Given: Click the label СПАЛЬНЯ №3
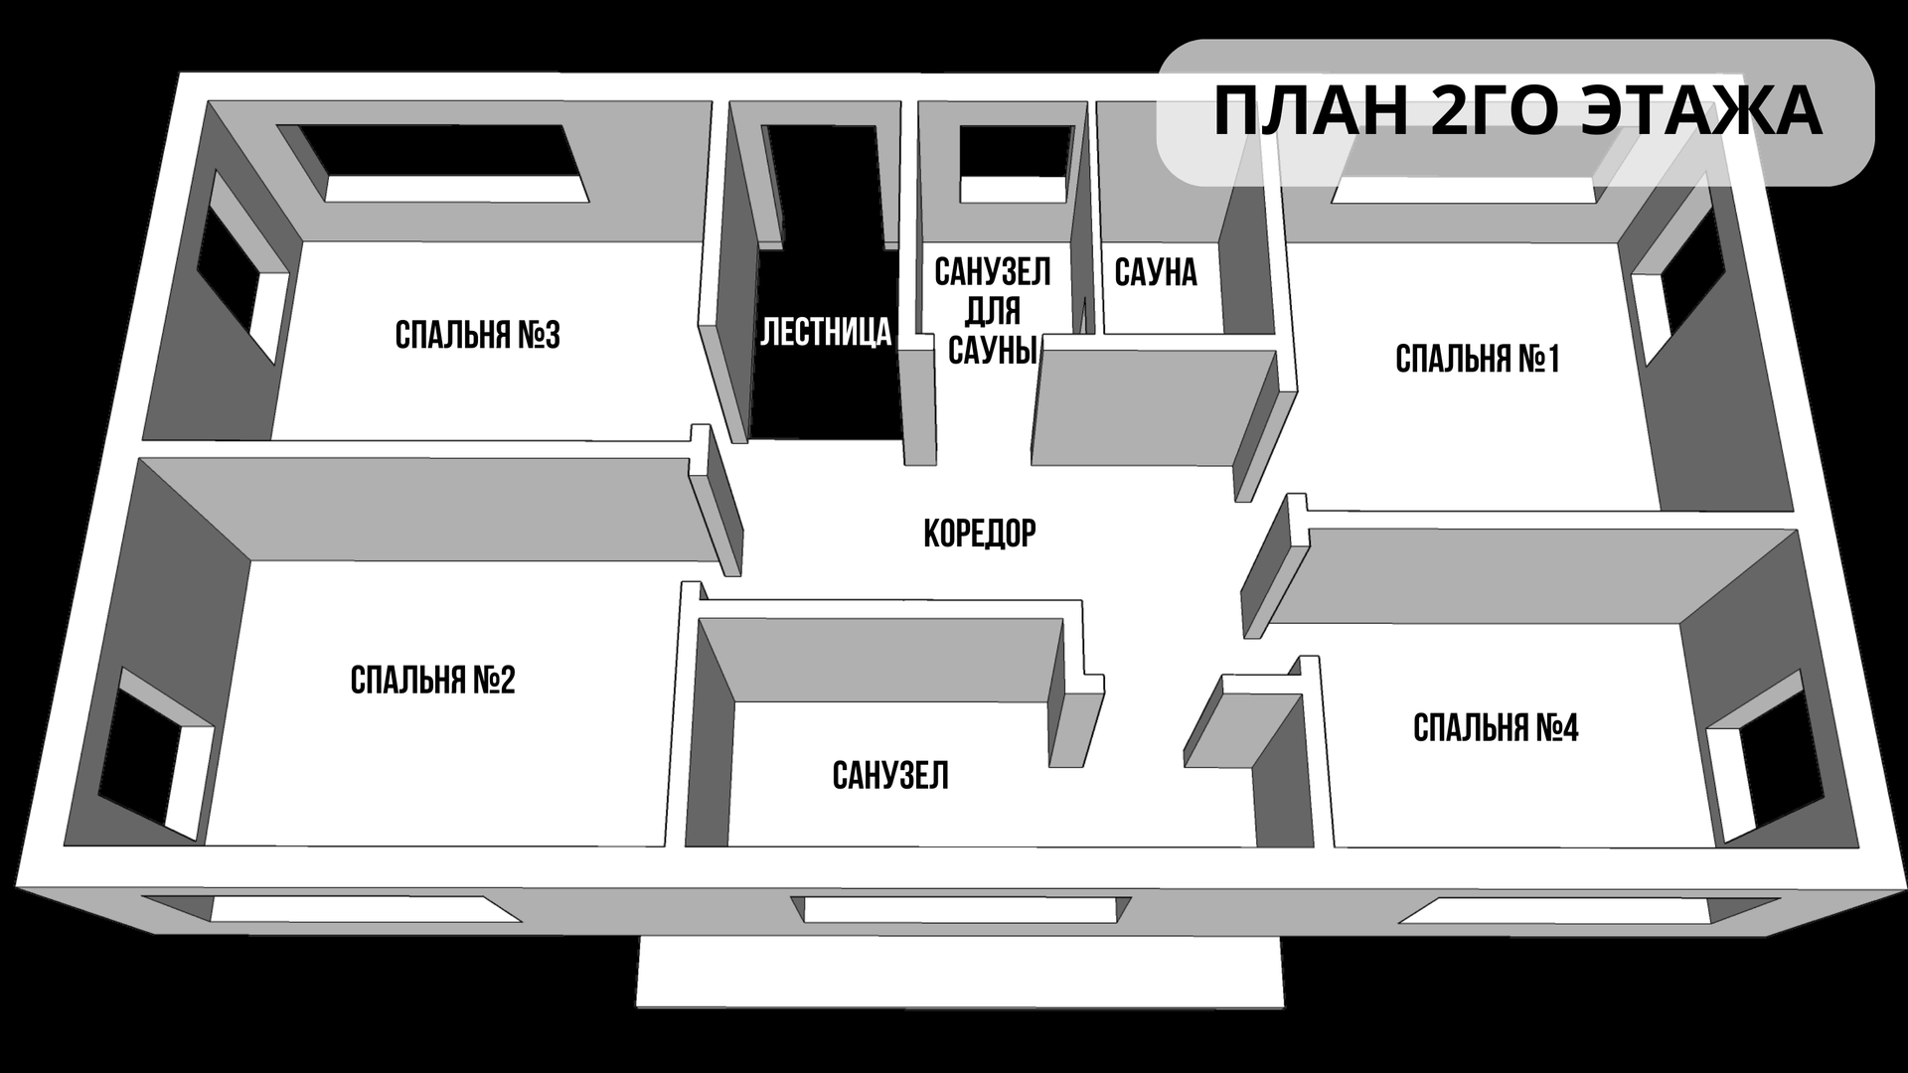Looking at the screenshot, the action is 477,336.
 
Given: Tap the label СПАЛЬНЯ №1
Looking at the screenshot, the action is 1477,359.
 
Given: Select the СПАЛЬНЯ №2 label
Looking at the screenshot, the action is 432,681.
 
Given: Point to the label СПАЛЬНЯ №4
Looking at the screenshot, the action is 1495,728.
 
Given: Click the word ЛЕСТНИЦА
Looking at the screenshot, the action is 826,332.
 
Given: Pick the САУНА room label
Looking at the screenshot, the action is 1156,272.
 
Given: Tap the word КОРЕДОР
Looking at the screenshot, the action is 979,534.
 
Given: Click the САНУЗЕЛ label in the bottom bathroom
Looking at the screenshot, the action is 890,775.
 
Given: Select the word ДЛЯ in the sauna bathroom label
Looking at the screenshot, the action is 992,311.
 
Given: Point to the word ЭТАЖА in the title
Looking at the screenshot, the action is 1700,110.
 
